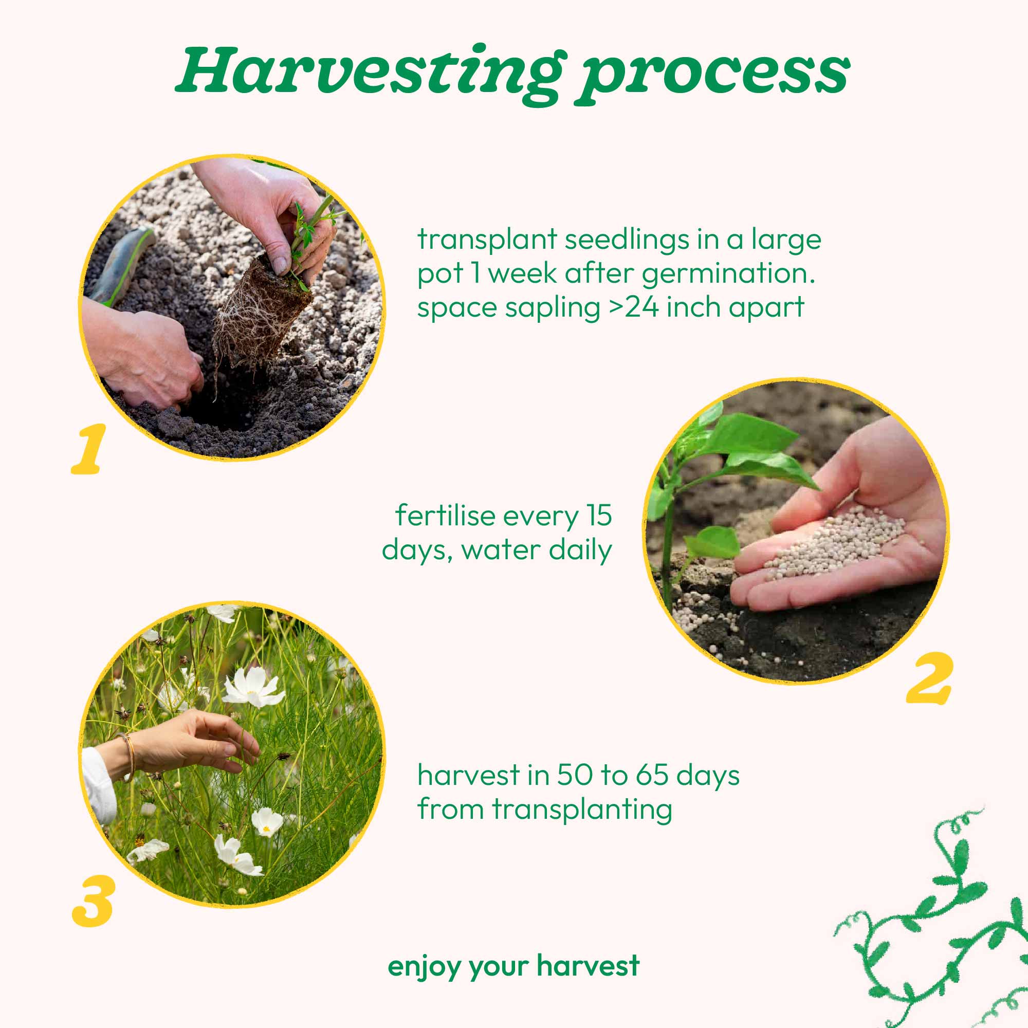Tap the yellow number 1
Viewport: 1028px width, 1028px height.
click(89, 450)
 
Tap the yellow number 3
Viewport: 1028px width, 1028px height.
click(93, 901)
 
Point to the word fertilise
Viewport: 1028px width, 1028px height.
click(445, 516)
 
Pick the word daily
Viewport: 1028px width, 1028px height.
click(580, 549)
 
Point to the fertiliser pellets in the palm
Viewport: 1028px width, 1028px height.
click(835, 540)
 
